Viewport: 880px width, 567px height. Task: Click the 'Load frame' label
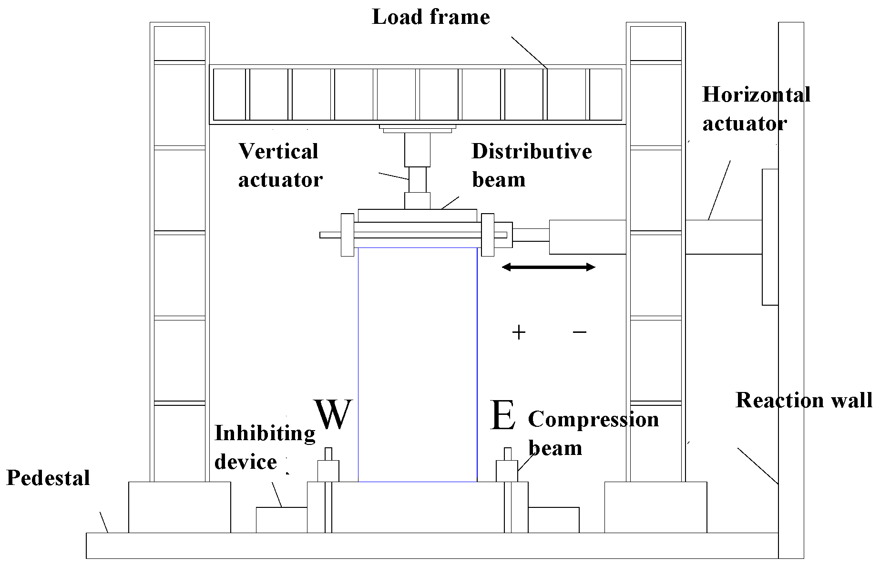[430, 18]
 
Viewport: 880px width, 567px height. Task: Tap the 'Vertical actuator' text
[280, 165]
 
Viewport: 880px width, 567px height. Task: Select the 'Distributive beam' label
[531, 165]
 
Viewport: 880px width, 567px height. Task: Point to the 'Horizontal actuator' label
[756, 109]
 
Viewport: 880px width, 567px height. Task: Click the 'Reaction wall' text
[804, 400]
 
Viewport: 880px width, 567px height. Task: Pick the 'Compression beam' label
[593, 433]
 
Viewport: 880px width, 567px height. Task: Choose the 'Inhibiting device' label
[264, 447]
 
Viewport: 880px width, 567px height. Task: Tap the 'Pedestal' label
[48, 478]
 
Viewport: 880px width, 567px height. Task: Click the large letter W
[333, 414]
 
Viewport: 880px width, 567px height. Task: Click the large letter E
[502, 415]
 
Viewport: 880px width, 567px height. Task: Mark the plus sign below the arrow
[518, 332]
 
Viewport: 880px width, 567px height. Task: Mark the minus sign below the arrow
[579, 331]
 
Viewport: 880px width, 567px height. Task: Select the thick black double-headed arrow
[548, 267]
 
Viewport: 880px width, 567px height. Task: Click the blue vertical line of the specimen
[477, 362]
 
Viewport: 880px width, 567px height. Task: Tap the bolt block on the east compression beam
[507, 471]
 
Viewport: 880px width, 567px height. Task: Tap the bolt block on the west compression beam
[328, 471]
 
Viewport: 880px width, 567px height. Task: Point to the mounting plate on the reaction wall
[770, 237]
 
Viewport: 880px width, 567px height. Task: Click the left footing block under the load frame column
[179, 507]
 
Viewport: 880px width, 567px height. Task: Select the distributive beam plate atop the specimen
[417, 215]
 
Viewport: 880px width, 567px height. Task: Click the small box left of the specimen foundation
[281, 520]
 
